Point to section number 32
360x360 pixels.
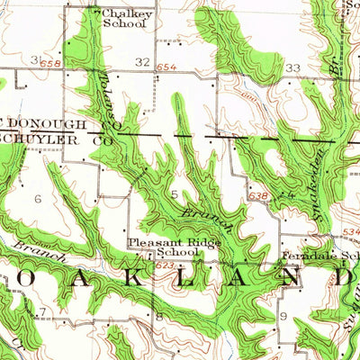coord(143,61)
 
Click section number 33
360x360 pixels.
coord(292,67)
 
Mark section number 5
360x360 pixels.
coord(174,193)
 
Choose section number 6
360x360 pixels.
coord(38,196)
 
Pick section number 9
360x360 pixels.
coord(282,318)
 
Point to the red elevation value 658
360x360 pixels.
coord(56,65)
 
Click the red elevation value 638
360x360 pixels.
coord(256,193)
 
